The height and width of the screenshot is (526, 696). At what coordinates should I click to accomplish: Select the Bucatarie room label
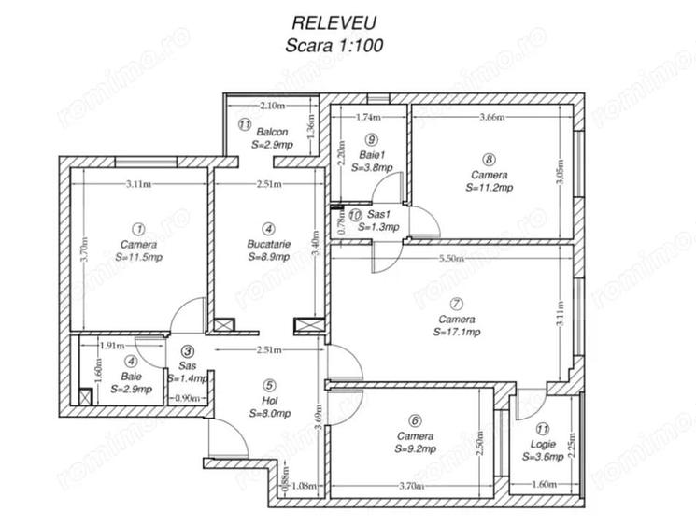[x=269, y=243]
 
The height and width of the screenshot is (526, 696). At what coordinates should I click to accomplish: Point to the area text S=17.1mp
[x=458, y=332]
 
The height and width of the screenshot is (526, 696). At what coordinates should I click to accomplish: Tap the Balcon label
[x=273, y=133]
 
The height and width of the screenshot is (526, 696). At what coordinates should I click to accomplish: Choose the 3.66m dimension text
[x=492, y=118]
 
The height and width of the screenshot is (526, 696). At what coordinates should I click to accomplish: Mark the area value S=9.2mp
[x=415, y=448]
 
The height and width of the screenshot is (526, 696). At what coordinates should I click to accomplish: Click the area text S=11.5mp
[x=138, y=255]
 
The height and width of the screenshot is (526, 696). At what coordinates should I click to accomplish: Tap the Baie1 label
[x=371, y=155]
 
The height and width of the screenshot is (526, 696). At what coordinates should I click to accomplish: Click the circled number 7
[x=456, y=304]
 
